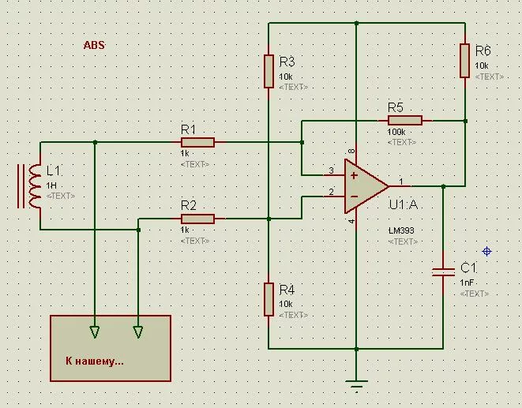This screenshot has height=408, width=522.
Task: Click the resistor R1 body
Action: coord(197,142)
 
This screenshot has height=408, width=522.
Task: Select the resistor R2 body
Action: coord(197,219)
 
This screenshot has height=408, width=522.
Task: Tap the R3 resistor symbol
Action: coord(269,72)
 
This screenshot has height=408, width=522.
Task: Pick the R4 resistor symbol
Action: coord(269,299)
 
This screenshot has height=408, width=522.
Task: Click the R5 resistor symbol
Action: coord(405,121)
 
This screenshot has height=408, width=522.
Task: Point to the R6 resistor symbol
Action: coord(464,61)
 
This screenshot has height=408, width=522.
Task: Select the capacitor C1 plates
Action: coord(443,272)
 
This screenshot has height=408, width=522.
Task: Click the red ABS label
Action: coord(94,45)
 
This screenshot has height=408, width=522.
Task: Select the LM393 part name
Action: coord(401,230)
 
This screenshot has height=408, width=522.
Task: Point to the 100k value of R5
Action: coord(396,132)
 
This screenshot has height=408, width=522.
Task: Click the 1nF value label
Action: coord(467,283)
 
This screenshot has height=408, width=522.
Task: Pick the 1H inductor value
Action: coord(51,185)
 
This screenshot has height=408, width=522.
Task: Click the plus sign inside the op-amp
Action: coord(354,175)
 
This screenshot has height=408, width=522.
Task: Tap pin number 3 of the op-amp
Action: coord(331,170)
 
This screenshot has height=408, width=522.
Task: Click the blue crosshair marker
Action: coord(486,251)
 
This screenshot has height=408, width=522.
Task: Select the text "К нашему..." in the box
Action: coord(95,361)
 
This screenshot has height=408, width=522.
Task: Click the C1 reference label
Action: coord(468,268)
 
